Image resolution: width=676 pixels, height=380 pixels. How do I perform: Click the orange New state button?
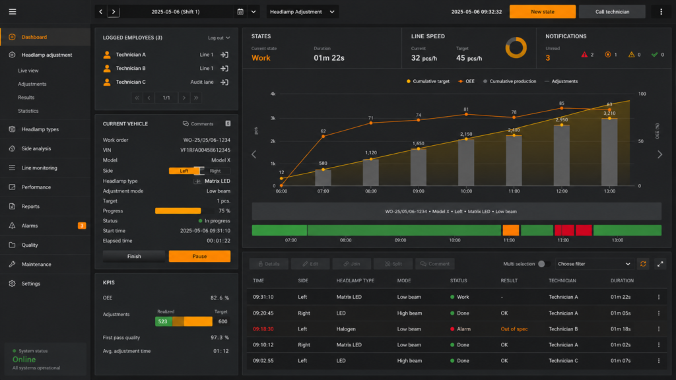[x=543, y=12]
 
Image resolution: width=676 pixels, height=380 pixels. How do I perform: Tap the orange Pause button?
[x=199, y=257]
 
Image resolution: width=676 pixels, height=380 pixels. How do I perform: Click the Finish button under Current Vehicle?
[x=134, y=257]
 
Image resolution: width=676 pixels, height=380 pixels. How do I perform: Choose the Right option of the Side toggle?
[x=215, y=171]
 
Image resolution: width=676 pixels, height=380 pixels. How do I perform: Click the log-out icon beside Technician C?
[x=224, y=82]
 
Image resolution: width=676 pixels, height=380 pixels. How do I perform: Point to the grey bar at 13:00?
[x=609, y=152]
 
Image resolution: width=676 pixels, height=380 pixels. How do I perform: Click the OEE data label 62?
[x=323, y=131]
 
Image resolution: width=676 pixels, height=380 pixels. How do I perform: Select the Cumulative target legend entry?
[x=428, y=81]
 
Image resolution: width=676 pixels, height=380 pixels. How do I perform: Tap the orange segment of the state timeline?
[x=511, y=230]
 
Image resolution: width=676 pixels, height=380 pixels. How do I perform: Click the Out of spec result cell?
[x=514, y=329]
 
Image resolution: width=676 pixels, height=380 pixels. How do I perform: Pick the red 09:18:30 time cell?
[x=263, y=329]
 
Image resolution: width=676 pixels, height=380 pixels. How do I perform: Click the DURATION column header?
[x=622, y=280]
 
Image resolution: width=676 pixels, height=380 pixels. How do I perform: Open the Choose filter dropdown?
[x=593, y=264]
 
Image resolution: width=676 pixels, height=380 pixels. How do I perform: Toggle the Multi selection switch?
[x=543, y=264]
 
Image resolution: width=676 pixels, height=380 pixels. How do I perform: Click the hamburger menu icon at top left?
[x=13, y=12]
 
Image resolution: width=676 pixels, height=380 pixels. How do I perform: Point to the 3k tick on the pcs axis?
[x=273, y=118]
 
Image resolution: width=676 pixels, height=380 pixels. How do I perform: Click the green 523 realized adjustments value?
[x=163, y=321]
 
